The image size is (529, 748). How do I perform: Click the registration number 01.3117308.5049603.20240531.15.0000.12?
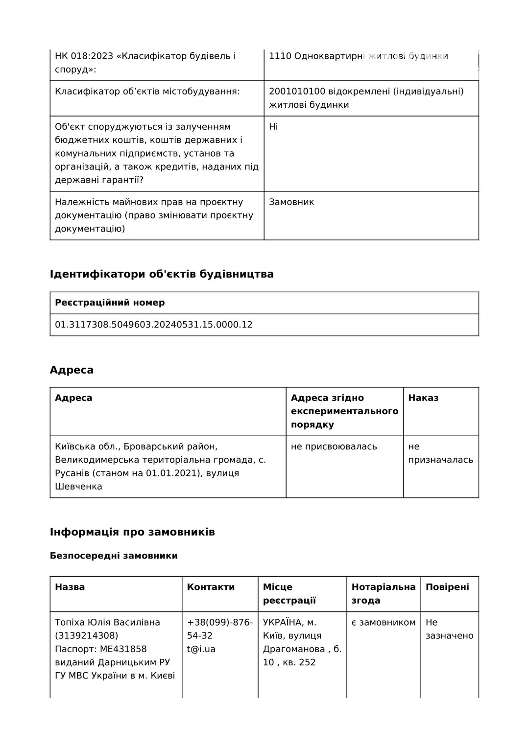tap(153, 325)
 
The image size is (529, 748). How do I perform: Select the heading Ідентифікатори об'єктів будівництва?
tap(162, 274)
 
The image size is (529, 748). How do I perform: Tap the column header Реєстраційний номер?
tap(110, 303)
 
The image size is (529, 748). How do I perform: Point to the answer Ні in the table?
tap(273, 127)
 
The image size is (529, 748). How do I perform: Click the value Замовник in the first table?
tap(291, 202)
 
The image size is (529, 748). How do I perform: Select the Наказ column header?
tap(423, 398)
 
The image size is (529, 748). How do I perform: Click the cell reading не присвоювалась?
tap(334, 446)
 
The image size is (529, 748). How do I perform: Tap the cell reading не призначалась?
tap(440, 453)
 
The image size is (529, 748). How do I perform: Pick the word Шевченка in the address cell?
tap(78, 487)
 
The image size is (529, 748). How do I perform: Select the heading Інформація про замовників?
tap(132, 532)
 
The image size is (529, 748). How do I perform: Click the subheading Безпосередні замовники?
tap(114, 556)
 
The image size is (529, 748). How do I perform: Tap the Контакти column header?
tap(211, 587)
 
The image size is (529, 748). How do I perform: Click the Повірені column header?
tap(447, 587)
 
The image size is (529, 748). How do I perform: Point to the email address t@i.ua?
tap(201, 649)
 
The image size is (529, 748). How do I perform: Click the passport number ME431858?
tap(123, 649)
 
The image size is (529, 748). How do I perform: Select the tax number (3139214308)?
tap(86, 636)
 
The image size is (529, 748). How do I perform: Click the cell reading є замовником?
tap(383, 623)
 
